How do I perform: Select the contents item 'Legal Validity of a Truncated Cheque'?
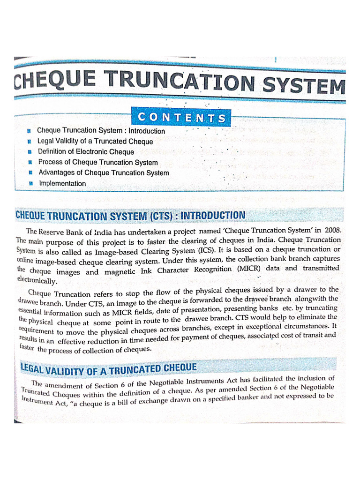pos(95,141)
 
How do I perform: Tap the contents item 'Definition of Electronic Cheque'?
pos(86,152)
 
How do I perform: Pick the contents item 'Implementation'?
pos(62,184)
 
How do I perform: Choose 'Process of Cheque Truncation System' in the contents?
pos(98,162)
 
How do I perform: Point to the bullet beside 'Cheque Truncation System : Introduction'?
pos(29,131)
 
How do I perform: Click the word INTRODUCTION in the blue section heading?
pos(213,215)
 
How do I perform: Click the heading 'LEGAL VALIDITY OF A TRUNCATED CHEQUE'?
pos(109,369)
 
